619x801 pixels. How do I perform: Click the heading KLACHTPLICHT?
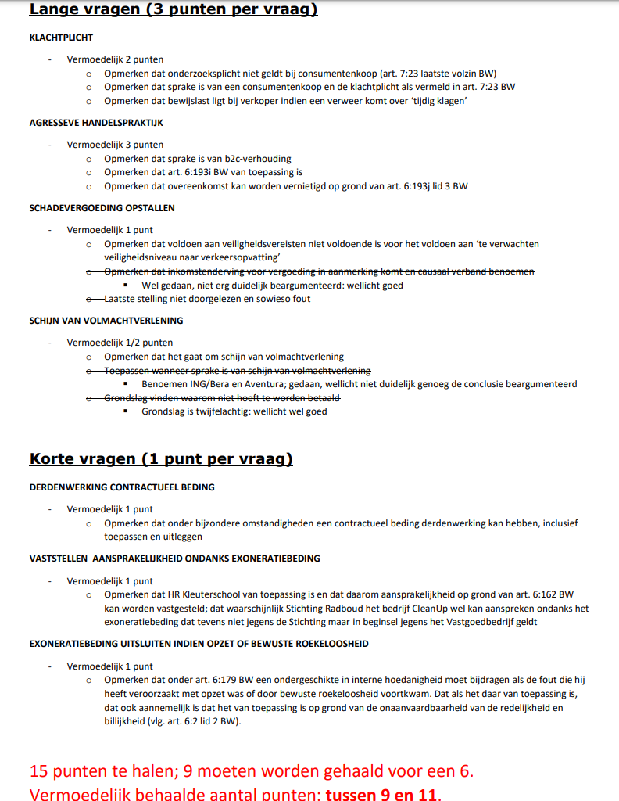click(x=61, y=38)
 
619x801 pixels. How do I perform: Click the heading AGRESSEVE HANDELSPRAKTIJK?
click(x=96, y=123)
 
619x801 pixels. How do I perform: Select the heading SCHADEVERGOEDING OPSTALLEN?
click(x=102, y=208)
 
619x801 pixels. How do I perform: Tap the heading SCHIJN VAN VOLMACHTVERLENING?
click(x=106, y=321)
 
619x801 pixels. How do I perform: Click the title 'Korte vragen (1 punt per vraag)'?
click(x=161, y=459)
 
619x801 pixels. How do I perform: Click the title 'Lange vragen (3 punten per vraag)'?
click(x=174, y=10)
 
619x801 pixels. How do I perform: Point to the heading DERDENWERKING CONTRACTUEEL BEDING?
click(x=122, y=487)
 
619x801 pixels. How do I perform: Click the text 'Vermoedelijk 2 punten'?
click(x=115, y=59)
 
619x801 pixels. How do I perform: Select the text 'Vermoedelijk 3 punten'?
click(x=115, y=145)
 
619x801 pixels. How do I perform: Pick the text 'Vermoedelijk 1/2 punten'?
click(x=120, y=343)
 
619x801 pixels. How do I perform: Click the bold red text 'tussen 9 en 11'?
click(x=382, y=794)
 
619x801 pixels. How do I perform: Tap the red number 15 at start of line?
click(x=39, y=770)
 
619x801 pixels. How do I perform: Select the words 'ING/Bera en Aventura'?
click(x=238, y=385)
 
